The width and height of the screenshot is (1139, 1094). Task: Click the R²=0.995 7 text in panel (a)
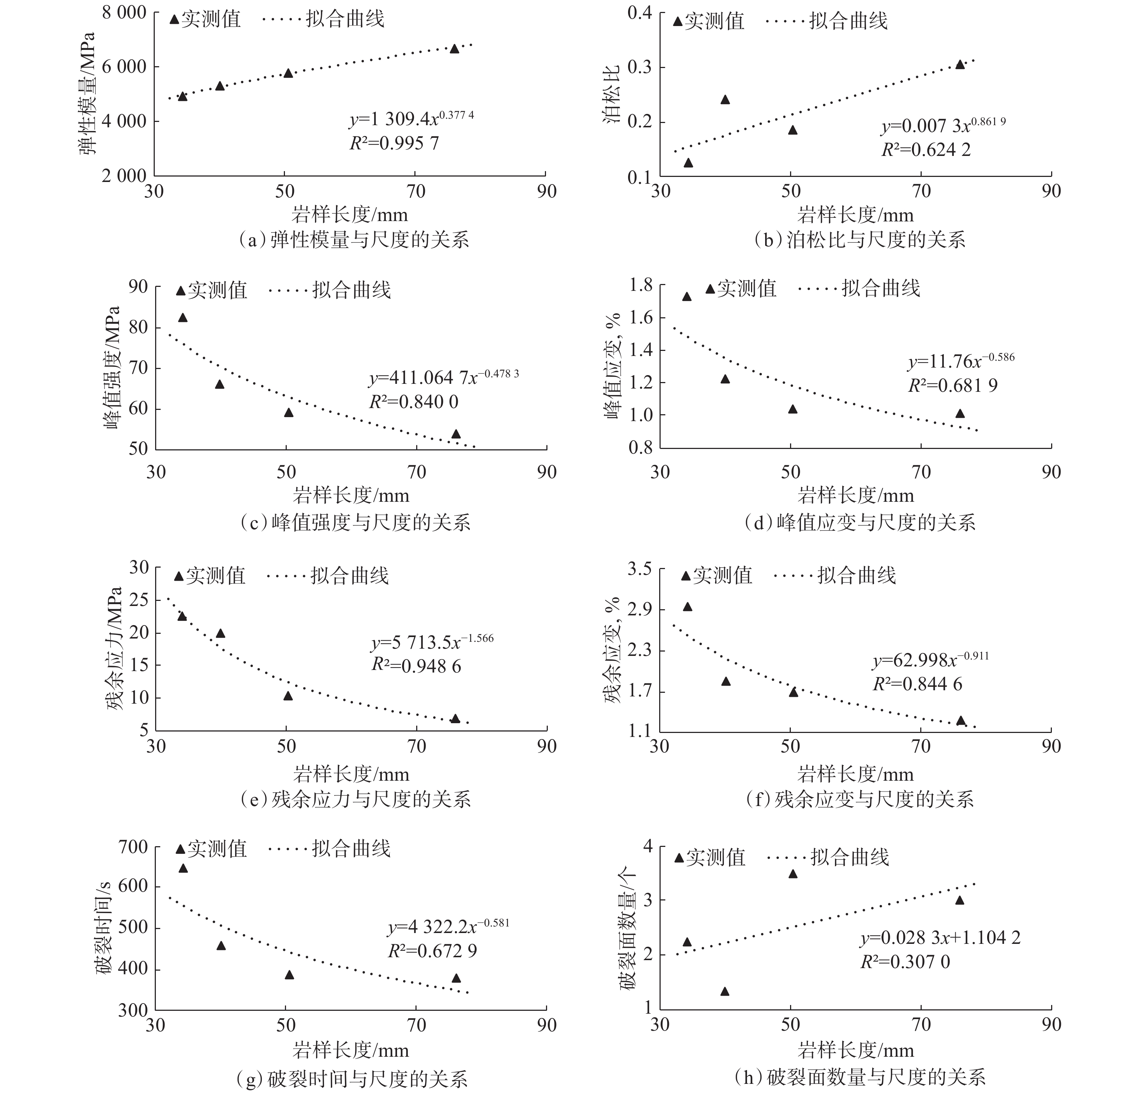(x=394, y=143)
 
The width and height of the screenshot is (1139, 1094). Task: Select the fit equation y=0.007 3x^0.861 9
(x=943, y=126)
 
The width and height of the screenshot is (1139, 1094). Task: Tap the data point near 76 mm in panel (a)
(x=455, y=49)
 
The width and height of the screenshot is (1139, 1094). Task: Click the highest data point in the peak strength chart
(x=183, y=317)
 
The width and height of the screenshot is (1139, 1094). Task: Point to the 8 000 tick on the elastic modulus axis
(x=124, y=13)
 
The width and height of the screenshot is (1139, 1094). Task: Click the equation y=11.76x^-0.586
(x=961, y=361)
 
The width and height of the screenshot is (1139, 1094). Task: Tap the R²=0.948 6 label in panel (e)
(x=416, y=666)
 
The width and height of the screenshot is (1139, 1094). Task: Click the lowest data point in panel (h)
(x=725, y=992)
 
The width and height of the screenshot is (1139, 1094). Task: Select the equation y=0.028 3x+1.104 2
(x=940, y=938)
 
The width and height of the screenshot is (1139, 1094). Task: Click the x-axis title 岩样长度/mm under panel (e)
(x=351, y=774)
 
